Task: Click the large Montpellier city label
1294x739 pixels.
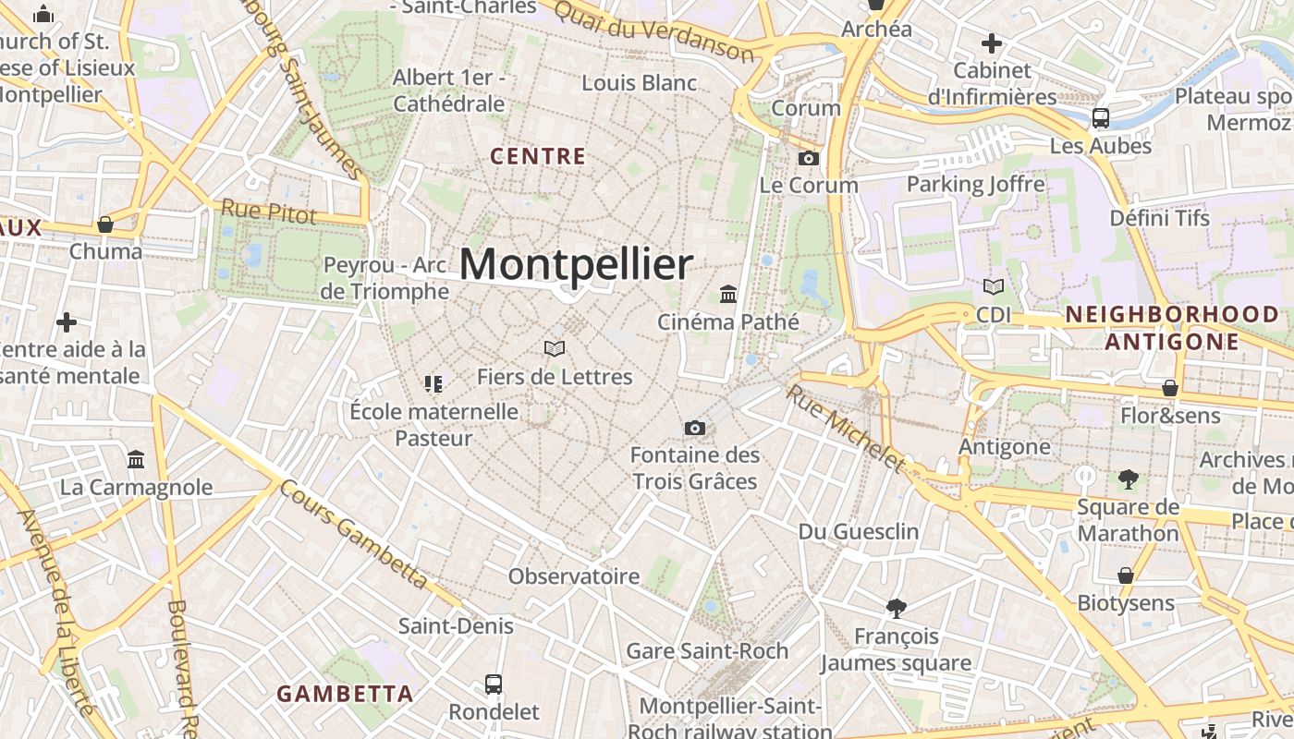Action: (x=576, y=265)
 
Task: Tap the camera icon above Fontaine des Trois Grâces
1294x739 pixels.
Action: (x=695, y=428)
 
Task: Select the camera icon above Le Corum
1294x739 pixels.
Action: (x=809, y=158)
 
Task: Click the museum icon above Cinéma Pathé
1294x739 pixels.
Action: (x=728, y=295)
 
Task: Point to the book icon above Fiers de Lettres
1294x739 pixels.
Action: (x=555, y=348)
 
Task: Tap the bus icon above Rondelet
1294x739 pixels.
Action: (x=494, y=684)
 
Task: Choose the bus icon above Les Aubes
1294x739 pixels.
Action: (x=1101, y=118)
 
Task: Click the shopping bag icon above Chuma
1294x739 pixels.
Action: (x=105, y=224)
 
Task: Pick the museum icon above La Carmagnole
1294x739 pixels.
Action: (x=137, y=459)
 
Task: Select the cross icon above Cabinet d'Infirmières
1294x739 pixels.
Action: (x=992, y=42)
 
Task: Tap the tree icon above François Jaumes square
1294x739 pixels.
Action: (x=896, y=608)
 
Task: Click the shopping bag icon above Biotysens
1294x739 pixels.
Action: (x=1125, y=575)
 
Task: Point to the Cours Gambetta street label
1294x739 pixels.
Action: (x=354, y=534)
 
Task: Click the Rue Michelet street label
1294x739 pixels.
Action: (x=844, y=427)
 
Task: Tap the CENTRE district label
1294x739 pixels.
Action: (x=538, y=156)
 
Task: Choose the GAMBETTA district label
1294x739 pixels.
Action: (x=345, y=694)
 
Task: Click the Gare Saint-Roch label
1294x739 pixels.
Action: (x=707, y=650)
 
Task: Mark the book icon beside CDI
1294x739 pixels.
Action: (x=994, y=287)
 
